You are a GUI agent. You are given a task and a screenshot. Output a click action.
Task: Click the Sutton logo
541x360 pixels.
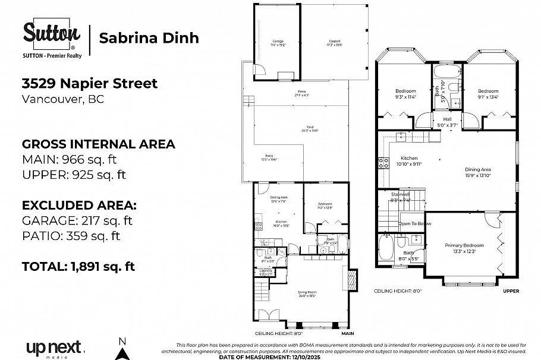52,35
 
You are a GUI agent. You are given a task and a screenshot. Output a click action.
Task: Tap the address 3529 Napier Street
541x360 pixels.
90,83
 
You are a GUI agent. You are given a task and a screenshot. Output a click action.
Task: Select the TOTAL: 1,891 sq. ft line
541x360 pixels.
78,266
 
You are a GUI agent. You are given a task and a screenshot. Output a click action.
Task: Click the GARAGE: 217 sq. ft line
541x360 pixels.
77,220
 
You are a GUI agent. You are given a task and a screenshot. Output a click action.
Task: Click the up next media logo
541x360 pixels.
55,348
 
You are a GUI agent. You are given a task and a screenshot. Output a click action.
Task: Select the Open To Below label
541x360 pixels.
414,223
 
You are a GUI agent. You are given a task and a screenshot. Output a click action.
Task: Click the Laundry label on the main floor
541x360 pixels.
266,272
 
